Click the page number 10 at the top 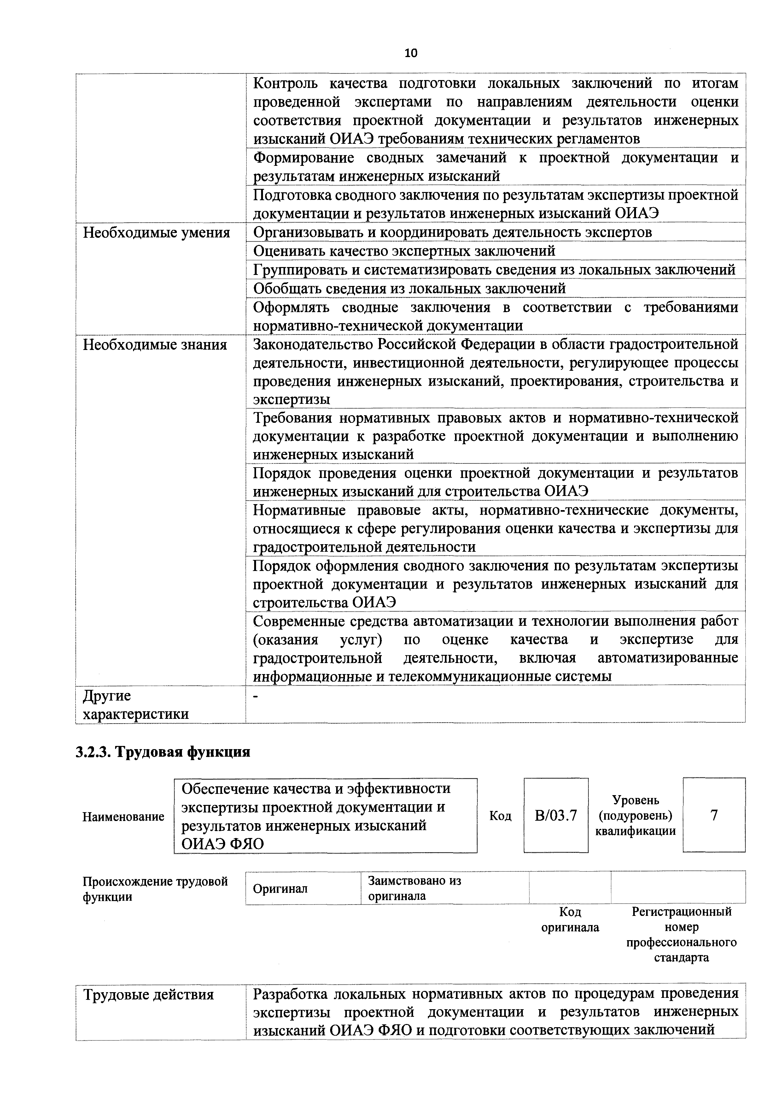411,53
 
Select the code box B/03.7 556,816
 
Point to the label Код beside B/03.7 500,816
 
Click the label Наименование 123,817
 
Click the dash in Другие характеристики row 256,696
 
